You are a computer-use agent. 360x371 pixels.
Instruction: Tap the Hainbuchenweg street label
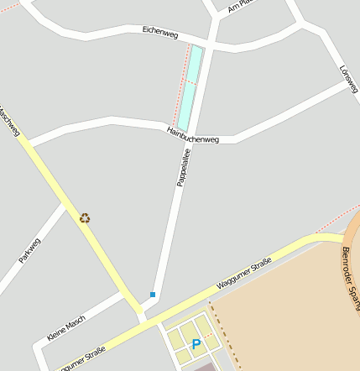(x=192, y=134)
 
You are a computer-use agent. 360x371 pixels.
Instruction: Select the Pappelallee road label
(x=183, y=167)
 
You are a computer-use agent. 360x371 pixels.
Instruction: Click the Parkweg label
(x=29, y=250)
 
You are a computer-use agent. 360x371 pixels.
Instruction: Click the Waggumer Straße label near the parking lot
(x=243, y=274)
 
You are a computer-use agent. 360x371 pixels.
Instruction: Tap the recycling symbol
(x=85, y=218)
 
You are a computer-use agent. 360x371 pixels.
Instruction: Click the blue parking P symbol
(x=196, y=344)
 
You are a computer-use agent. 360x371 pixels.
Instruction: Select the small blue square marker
(x=153, y=295)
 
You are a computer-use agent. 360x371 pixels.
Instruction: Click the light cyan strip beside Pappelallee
(x=190, y=88)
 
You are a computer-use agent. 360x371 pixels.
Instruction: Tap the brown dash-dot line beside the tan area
(x=226, y=336)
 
